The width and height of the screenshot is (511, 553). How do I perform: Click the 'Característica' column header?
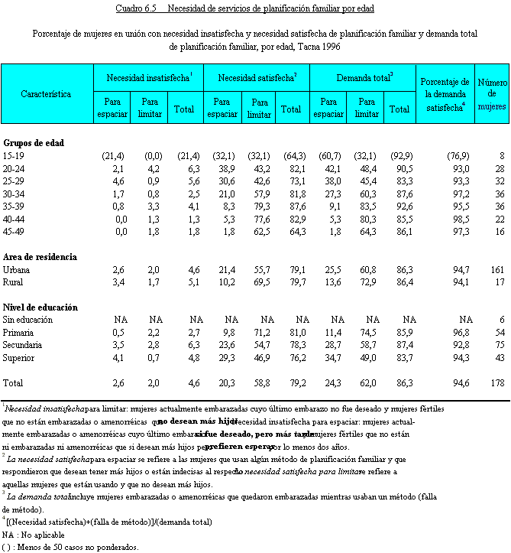46,95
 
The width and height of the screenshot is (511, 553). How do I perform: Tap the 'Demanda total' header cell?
364,78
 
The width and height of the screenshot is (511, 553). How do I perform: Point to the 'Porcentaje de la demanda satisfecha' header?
444,95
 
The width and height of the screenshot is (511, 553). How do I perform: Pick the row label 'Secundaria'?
23,345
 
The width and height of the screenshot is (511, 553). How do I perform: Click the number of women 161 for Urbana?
496,270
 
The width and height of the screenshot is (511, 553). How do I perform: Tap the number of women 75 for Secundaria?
499,345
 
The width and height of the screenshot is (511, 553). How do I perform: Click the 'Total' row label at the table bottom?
13,382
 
